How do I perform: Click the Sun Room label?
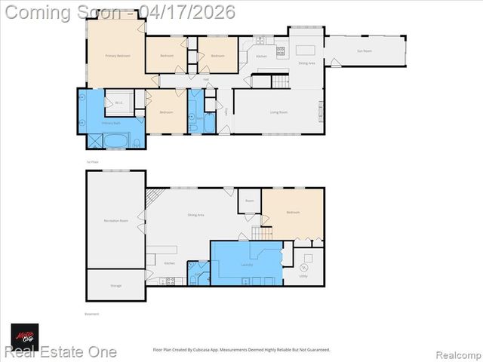tap(364, 51)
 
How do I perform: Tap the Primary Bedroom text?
tap(117, 56)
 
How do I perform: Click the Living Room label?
tap(279, 112)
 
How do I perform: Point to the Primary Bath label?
tap(111, 122)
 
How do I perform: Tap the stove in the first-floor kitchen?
tap(281, 51)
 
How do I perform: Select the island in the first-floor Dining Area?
tap(304, 50)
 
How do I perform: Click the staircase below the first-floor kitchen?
tap(280, 81)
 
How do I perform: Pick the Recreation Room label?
tap(115, 220)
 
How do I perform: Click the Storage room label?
tap(115, 286)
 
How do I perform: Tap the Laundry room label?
tap(246, 265)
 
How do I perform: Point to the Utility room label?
tap(303, 276)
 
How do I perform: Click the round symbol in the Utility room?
tap(305, 266)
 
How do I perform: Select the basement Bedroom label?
tap(293, 213)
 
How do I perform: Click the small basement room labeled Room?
tap(250, 201)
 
